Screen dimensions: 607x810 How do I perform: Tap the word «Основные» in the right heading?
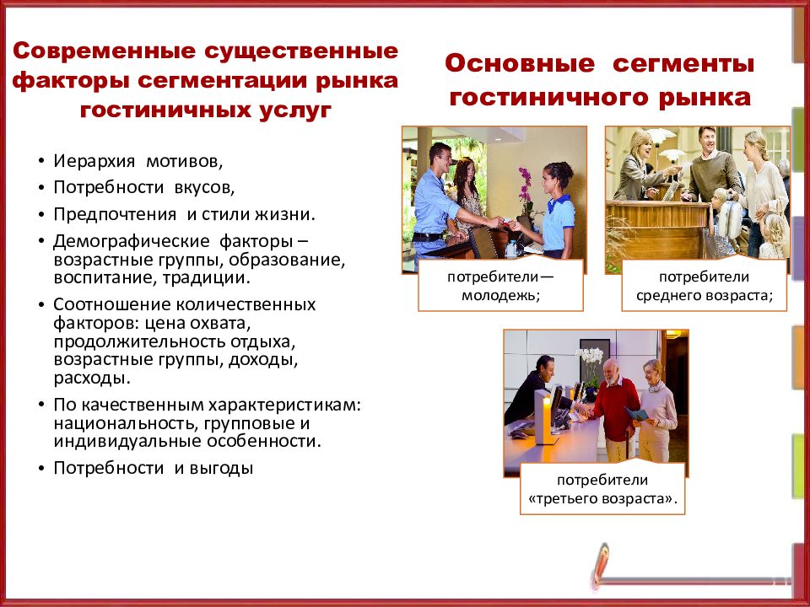tap(505, 64)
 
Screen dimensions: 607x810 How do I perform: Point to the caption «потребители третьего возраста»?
tap(602, 490)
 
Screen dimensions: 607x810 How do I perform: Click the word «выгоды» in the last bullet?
tap(223, 468)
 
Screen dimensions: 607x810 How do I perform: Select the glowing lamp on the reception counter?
tap(547, 413)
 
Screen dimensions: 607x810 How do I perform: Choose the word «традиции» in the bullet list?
tap(211, 277)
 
